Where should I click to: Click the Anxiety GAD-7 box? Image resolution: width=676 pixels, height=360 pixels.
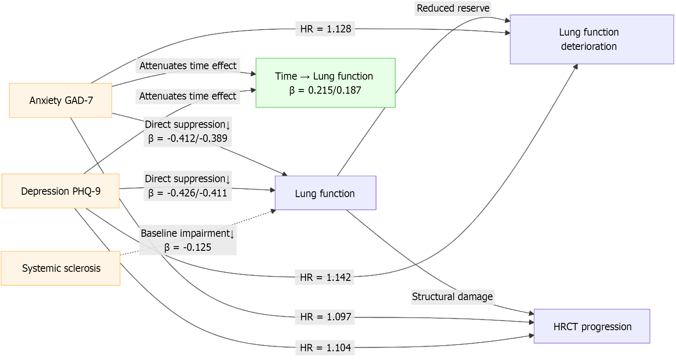(60, 100)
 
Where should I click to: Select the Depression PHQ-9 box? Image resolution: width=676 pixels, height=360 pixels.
(60, 191)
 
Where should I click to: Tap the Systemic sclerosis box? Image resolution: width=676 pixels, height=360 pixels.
(60, 268)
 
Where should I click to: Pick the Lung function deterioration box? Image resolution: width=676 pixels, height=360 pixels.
(592, 39)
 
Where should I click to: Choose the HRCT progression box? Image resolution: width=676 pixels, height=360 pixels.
(592, 326)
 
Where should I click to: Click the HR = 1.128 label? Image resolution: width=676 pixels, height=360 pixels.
(325, 29)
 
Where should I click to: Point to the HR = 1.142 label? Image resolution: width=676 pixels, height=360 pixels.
(325, 277)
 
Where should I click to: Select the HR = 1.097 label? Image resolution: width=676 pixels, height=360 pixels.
(325, 317)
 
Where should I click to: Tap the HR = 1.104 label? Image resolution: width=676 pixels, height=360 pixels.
(325, 348)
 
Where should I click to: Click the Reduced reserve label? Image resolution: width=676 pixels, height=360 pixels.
(453, 8)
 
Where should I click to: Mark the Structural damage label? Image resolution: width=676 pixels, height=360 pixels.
(452, 297)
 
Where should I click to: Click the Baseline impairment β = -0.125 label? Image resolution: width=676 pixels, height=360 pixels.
(188, 240)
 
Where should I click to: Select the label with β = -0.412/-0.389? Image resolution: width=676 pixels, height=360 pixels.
(188, 132)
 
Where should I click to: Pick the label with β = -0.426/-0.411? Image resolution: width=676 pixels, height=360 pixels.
(188, 186)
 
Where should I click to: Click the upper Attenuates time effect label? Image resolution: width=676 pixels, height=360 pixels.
(188, 66)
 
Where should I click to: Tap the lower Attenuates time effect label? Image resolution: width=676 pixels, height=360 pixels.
(188, 96)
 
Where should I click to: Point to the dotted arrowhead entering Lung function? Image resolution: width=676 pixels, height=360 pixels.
(273, 211)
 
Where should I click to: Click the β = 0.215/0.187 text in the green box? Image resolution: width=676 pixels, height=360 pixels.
(325, 90)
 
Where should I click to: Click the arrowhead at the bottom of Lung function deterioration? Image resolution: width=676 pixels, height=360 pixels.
(575, 67)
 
